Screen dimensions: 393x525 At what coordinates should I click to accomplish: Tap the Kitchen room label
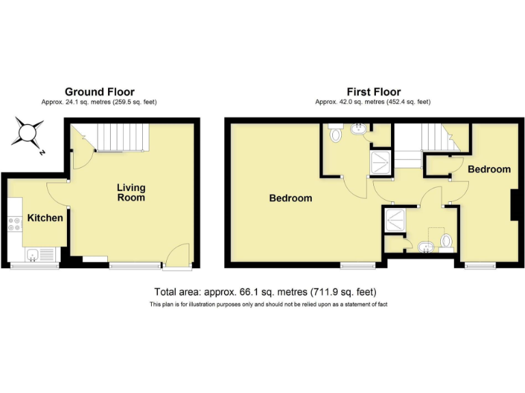pyautogui.click(x=45, y=218)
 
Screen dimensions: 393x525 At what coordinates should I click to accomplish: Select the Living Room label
pyautogui.click(x=131, y=192)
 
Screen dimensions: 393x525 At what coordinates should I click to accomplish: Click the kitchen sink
pyautogui.click(x=33, y=255)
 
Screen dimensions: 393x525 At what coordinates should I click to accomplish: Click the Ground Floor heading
pyautogui.click(x=100, y=91)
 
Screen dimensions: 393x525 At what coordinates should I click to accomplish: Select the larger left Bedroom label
pyautogui.click(x=291, y=199)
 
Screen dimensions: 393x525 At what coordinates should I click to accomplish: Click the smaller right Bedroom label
pyautogui.click(x=489, y=169)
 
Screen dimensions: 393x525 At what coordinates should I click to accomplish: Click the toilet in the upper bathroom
pyautogui.click(x=335, y=134)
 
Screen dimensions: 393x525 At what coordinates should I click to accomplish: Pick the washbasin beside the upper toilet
pyautogui.click(x=358, y=129)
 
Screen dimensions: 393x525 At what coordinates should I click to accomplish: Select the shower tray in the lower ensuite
pyautogui.click(x=394, y=218)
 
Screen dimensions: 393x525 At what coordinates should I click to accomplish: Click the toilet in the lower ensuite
pyautogui.click(x=446, y=241)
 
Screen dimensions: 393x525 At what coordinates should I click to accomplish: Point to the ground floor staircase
pyautogui.click(x=121, y=138)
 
